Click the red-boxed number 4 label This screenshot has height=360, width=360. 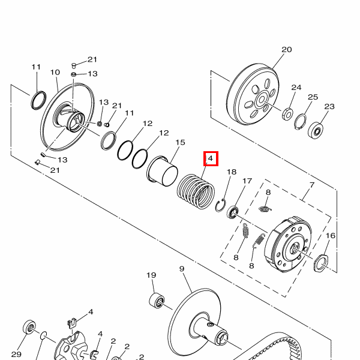tap(211, 158)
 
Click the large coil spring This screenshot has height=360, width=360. tap(196, 191)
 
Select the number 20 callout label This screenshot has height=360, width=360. tap(287, 50)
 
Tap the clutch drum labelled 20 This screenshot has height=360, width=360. tap(253, 94)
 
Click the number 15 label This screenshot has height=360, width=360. tap(180, 142)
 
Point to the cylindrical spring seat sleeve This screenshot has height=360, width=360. tap(162, 171)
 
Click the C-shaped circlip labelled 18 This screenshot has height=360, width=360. tap(221, 205)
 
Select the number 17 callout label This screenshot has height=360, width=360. tap(247, 181)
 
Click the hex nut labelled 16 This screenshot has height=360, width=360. tap(321, 263)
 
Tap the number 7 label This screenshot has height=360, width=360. tap(312, 185)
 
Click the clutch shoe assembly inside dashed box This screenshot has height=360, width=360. tap(288, 245)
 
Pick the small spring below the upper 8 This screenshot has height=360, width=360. tap(265, 209)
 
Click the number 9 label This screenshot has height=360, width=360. tap(182, 269)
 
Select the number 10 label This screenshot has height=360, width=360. tap(55, 73)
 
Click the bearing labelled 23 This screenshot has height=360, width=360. tap(316, 130)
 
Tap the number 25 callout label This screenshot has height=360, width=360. tap(313, 97)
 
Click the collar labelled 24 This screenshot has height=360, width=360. tap(287, 113)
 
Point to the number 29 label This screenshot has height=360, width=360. tap(16, 355)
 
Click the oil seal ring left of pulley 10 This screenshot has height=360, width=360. tap(38, 100)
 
